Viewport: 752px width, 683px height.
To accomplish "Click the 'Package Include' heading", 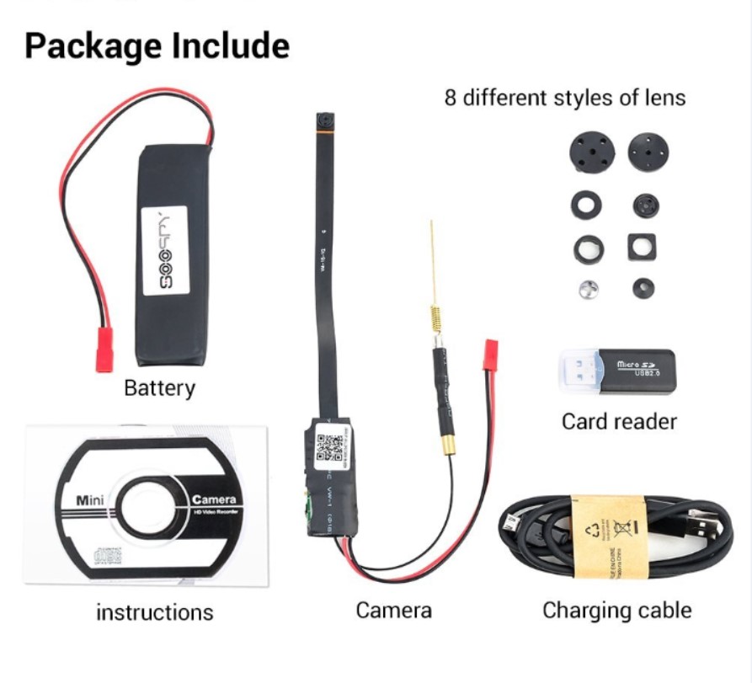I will pyautogui.click(x=157, y=45).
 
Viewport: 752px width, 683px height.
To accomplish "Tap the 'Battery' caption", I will pyautogui.click(x=159, y=388).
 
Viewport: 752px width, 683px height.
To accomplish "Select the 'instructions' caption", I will pyautogui.click(x=155, y=611).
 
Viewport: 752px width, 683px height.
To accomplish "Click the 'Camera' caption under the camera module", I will pyautogui.click(x=394, y=610).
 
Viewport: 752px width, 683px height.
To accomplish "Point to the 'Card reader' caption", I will pyautogui.click(x=619, y=420).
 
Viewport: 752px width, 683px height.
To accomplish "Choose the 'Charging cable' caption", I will pyautogui.click(x=617, y=610).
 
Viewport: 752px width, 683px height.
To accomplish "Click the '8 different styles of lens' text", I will pyautogui.click(x=565, y=98).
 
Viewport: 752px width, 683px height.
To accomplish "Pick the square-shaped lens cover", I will pyautogui.click(x=642, y=247).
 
